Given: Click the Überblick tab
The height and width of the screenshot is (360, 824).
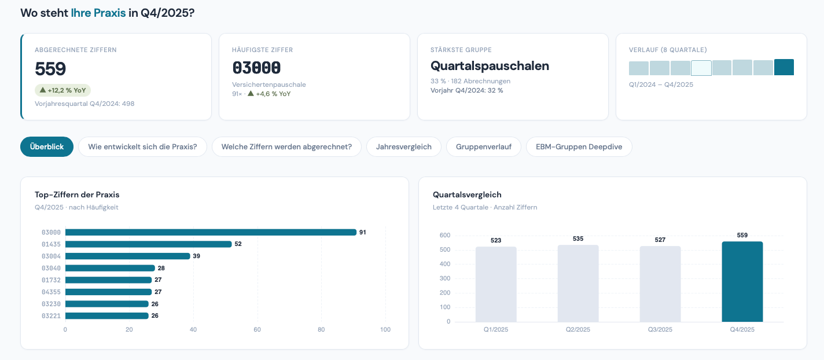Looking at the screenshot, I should pyautogui.click(x=47, y=146).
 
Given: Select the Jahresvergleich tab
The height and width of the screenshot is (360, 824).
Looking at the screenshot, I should pyautogui.click(x=403, y=146).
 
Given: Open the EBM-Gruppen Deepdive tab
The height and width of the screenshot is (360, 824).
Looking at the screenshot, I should pyautogui.click(x=579, y=146).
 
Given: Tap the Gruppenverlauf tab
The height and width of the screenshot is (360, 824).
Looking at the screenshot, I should pyautogui.click(x=483, y=146).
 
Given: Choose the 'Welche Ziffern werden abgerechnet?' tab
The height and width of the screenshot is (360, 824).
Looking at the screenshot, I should pyautogui.click(x=286, y=146).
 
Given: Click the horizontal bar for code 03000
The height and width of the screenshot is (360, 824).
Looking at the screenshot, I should pyautogui.click(x=211, y=232).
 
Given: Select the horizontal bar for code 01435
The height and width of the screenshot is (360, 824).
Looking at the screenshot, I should pyautogui.click(x=148, y=244).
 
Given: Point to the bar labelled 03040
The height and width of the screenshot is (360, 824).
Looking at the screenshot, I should pyautogui.click(x=110, y=268).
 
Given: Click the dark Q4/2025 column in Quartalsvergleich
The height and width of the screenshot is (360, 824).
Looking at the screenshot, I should pyautogui.click(x=742, y=282).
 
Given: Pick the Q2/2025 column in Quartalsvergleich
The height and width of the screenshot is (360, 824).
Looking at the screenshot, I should pyautogui.click(x=578, y=284).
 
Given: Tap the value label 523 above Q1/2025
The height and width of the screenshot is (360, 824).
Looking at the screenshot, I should pyautogui.click(x=496, y=240).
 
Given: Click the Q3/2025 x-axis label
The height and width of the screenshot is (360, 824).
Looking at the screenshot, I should pyautogui.click(x=660, y=330).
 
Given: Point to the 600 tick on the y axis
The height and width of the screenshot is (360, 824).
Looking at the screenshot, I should pyautogui.click(x=445, y=236).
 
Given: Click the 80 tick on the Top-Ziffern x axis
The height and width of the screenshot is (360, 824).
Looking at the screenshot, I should pyautogui.click(x=321, y=330).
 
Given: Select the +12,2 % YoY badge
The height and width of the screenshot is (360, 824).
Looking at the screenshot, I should pyautogui.click(x=63, y=90).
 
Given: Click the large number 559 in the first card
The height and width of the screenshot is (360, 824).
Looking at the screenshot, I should pyautogui.click(x=50, y=69).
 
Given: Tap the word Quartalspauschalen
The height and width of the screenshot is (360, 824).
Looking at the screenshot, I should pyautogui.click(x=490, y=66).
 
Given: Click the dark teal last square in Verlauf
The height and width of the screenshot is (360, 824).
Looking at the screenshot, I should pyautogui.click(x=784, y=68).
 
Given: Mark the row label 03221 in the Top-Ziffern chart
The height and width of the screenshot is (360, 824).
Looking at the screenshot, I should pyautogui.click(x=51, y=316).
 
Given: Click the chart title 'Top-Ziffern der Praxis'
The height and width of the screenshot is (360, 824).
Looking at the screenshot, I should pyautogui.click(x=77, y=194).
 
